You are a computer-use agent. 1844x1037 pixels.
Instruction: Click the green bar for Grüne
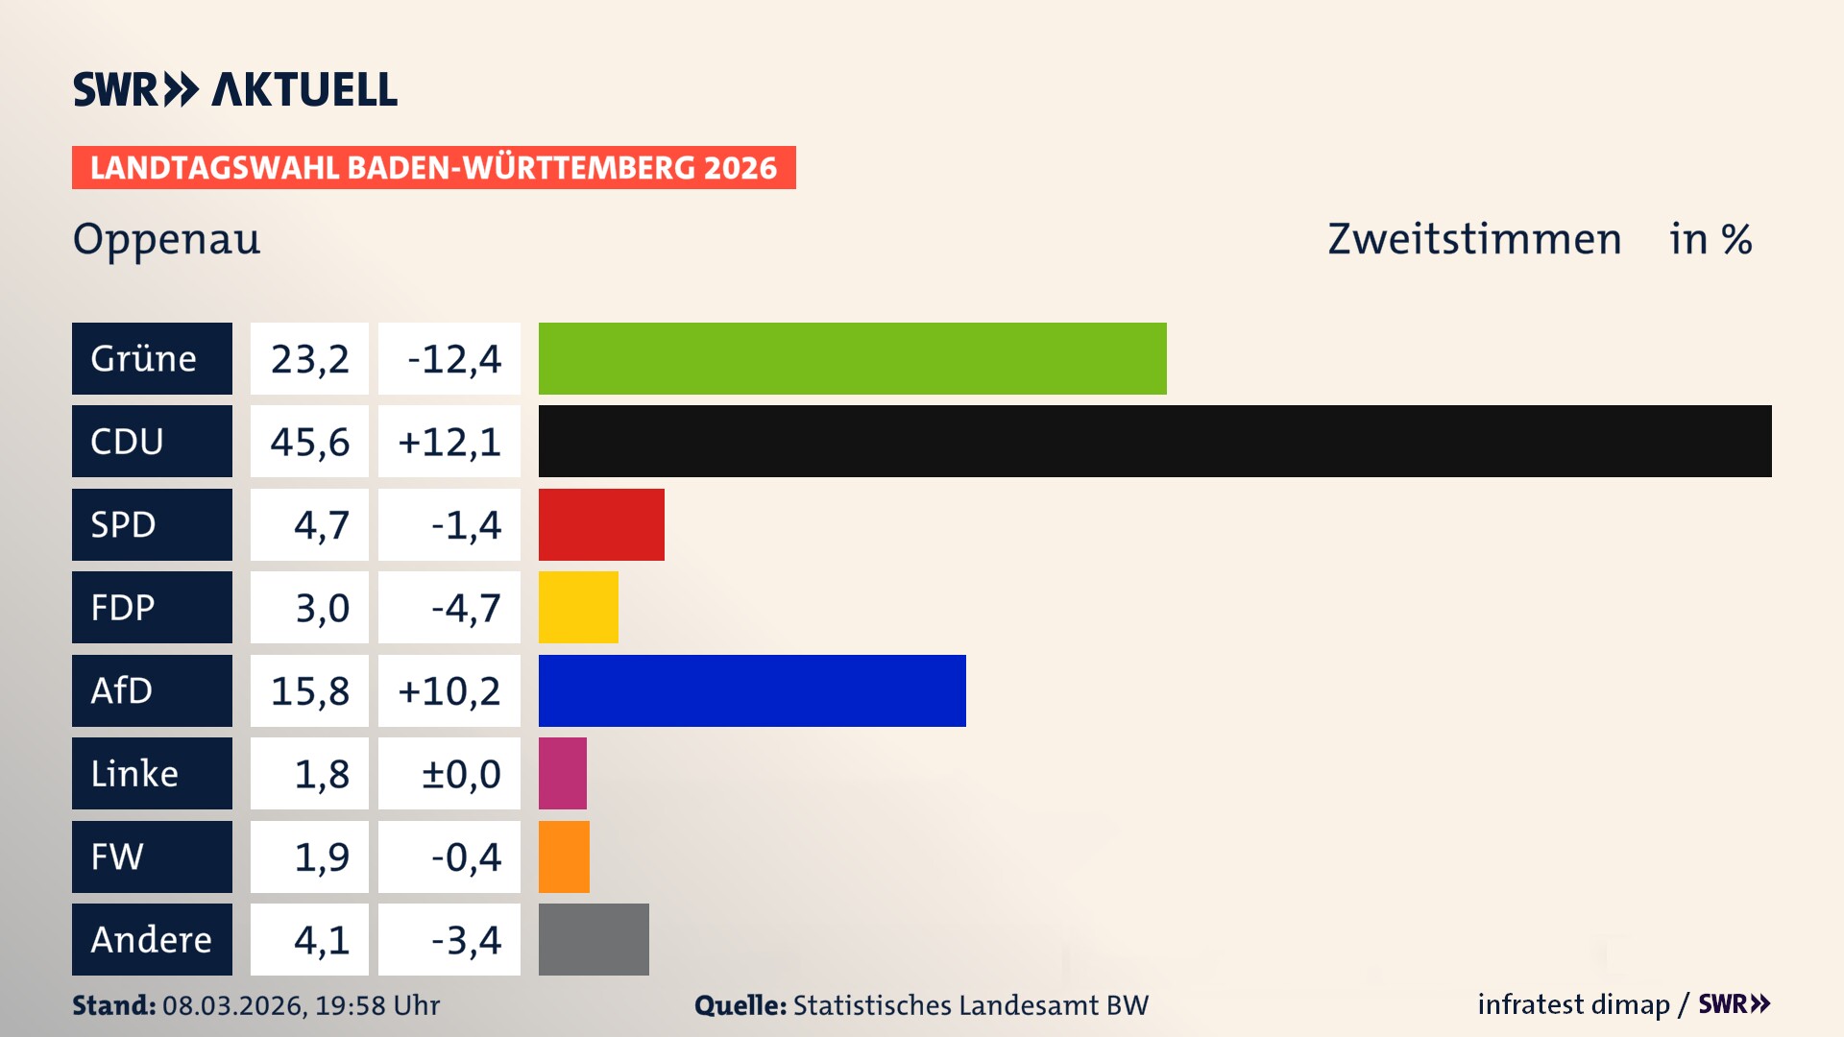852,358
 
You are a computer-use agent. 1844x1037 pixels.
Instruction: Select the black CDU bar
1154,441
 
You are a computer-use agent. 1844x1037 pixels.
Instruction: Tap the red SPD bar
601,524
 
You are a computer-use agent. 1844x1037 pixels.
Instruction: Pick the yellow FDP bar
578,607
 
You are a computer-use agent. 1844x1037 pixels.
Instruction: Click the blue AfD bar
752,690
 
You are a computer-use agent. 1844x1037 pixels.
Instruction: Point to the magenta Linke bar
563,773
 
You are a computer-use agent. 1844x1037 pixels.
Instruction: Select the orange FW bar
564,856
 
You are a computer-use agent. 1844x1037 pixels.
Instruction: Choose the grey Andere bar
594,939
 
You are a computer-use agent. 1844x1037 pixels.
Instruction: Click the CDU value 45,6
309,442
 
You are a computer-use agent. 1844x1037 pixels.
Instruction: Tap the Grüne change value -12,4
453,359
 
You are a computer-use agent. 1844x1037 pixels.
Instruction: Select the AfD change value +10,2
449,691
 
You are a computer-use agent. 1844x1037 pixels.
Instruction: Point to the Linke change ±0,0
460,774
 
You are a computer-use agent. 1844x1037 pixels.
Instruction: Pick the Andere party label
152,939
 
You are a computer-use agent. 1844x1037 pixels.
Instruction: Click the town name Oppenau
166,239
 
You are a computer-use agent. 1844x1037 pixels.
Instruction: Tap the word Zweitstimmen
1474,239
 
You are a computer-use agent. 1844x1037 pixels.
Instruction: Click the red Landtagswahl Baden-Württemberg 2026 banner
433,168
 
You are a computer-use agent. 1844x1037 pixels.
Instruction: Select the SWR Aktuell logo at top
234,89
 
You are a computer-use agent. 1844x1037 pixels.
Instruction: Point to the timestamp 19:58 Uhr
376,1005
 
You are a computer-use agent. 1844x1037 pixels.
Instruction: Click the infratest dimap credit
1573,1004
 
